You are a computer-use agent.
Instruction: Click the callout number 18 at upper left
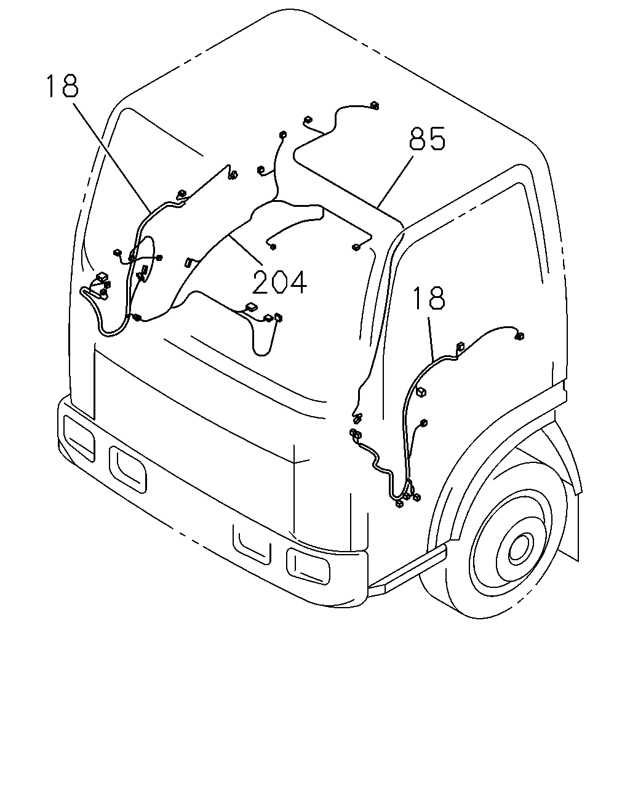point(62,86)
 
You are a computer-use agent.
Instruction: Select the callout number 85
point(427,139)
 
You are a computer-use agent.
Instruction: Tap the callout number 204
point(279,283)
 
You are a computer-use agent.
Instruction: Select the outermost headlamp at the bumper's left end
point(79,438)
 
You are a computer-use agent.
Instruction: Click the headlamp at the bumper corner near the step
point(308,566)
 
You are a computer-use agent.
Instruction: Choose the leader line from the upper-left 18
point(112,158)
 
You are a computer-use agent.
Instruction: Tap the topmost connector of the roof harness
point(374,106)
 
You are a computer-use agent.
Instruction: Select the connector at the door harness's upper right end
point(520,336)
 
